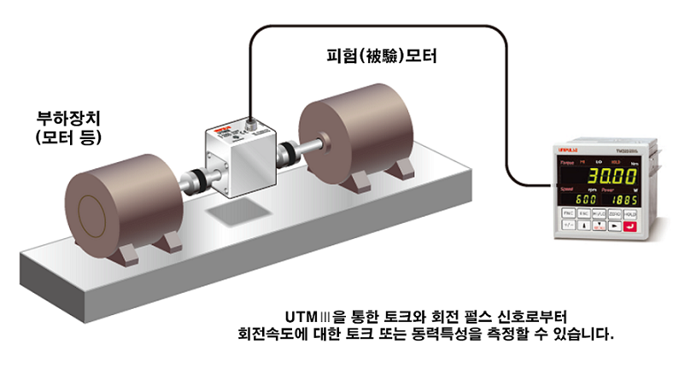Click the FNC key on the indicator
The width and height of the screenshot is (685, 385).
569,213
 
